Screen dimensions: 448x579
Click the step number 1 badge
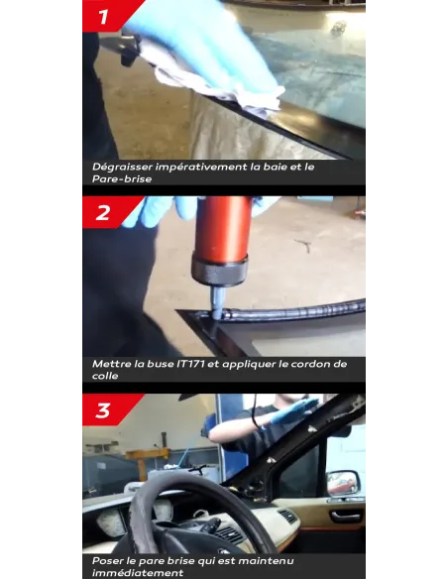107,16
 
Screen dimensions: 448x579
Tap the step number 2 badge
106,212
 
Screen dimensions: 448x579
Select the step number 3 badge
106,409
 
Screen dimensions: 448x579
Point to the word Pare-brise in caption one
122,179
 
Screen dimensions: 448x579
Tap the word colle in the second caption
105,376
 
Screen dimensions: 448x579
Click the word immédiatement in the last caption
138,573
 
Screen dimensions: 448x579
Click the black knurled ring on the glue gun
219,269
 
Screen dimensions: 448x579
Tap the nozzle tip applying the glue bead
217,315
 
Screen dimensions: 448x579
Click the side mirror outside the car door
343,483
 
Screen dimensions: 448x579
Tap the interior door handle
345,517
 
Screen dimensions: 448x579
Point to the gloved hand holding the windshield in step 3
292,409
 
